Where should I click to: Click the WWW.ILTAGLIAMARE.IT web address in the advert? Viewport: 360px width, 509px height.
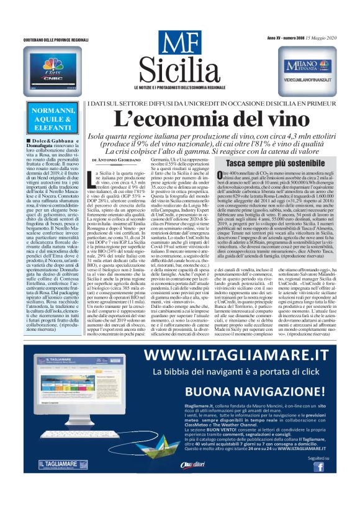click(235, 355)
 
